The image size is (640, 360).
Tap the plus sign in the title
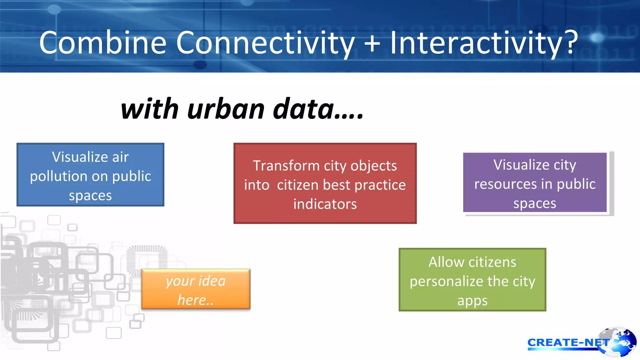pos(372,43)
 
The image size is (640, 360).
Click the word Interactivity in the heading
pos(476,43)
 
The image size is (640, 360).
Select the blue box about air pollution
pos(90,175)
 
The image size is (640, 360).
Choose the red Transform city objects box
pos(325,183)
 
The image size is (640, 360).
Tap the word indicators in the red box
pos(325,204)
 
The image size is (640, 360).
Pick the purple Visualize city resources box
pos(535,182)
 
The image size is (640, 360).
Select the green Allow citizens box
pos(472,280)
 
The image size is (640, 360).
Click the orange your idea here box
pos(196,289)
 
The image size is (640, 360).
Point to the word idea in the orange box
pos(212,281)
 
